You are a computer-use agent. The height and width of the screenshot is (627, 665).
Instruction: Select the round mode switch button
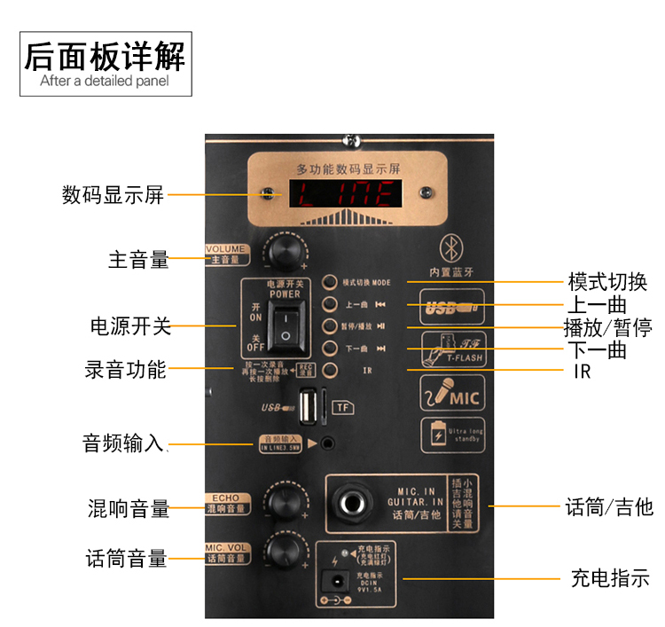click(330, 283)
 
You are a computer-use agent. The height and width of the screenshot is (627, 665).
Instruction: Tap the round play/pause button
click(330, 326)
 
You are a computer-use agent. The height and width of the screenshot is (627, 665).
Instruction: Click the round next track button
click(330, 348)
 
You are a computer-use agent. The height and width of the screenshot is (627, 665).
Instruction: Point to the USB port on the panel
click(308, 408)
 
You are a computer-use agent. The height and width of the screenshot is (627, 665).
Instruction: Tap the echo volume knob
click(285, 502)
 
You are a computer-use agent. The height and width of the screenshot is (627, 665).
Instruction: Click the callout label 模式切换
click(607, 283)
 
